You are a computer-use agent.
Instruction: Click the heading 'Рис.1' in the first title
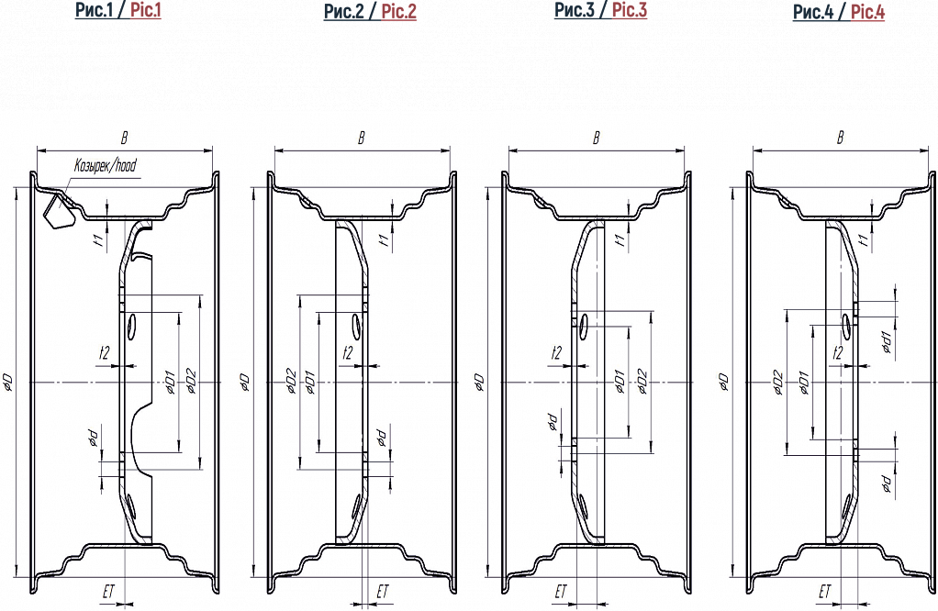94,9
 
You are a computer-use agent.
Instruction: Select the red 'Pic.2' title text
399,11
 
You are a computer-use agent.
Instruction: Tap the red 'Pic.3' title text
630,10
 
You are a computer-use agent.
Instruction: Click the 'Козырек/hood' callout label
106,166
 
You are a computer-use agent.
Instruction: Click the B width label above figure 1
125,139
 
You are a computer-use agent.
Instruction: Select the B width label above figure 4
840,138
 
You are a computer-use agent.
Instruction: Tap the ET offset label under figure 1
108,592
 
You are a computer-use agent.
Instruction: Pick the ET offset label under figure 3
561,592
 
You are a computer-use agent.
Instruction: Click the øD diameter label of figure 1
8,383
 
